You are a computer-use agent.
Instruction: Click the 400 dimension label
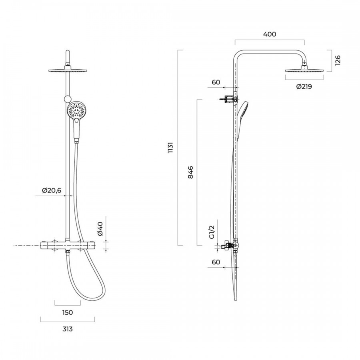(x=270, y=34)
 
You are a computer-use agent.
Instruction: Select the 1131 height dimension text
(x=170, y=148)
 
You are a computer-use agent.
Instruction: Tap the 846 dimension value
(x=190, y=172)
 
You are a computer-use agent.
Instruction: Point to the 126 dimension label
(x=338, y=60)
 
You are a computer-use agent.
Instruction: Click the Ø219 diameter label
(x=304, y=86)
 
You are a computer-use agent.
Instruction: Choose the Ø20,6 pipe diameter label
(x=52, y=190)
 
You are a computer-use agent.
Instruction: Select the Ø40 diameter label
(x=100, y=229)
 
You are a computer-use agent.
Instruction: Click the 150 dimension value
(x=68, y=312)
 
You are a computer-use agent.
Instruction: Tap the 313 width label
(x=68, y=329)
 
